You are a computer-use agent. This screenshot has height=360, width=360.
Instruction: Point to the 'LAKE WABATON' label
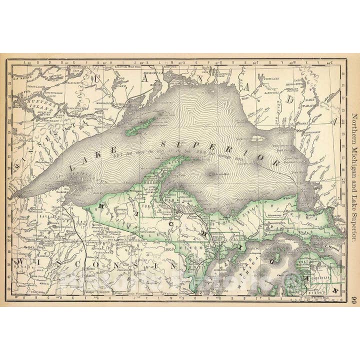click(311, 104)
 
